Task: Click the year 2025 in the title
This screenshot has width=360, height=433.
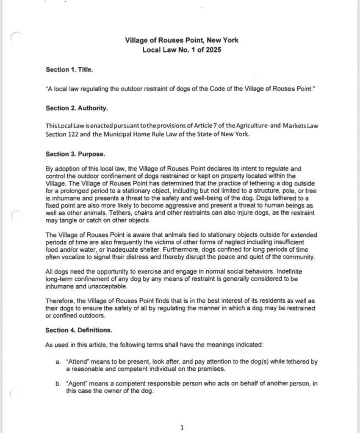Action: (x=213, y=50)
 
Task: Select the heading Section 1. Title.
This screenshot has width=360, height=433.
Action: (x=69, y=70)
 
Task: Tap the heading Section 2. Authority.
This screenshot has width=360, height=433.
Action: (x=77, y=108)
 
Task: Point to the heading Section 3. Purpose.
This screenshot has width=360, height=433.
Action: (x=75, y=154)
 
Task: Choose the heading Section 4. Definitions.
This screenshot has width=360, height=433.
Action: (x=78, y=330)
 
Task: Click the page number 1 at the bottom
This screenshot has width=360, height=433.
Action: (x=182, y=427)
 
